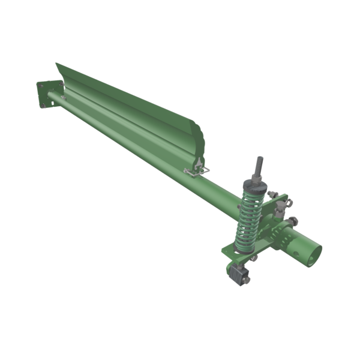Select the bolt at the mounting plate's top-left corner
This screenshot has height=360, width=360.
click(40, 86)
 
